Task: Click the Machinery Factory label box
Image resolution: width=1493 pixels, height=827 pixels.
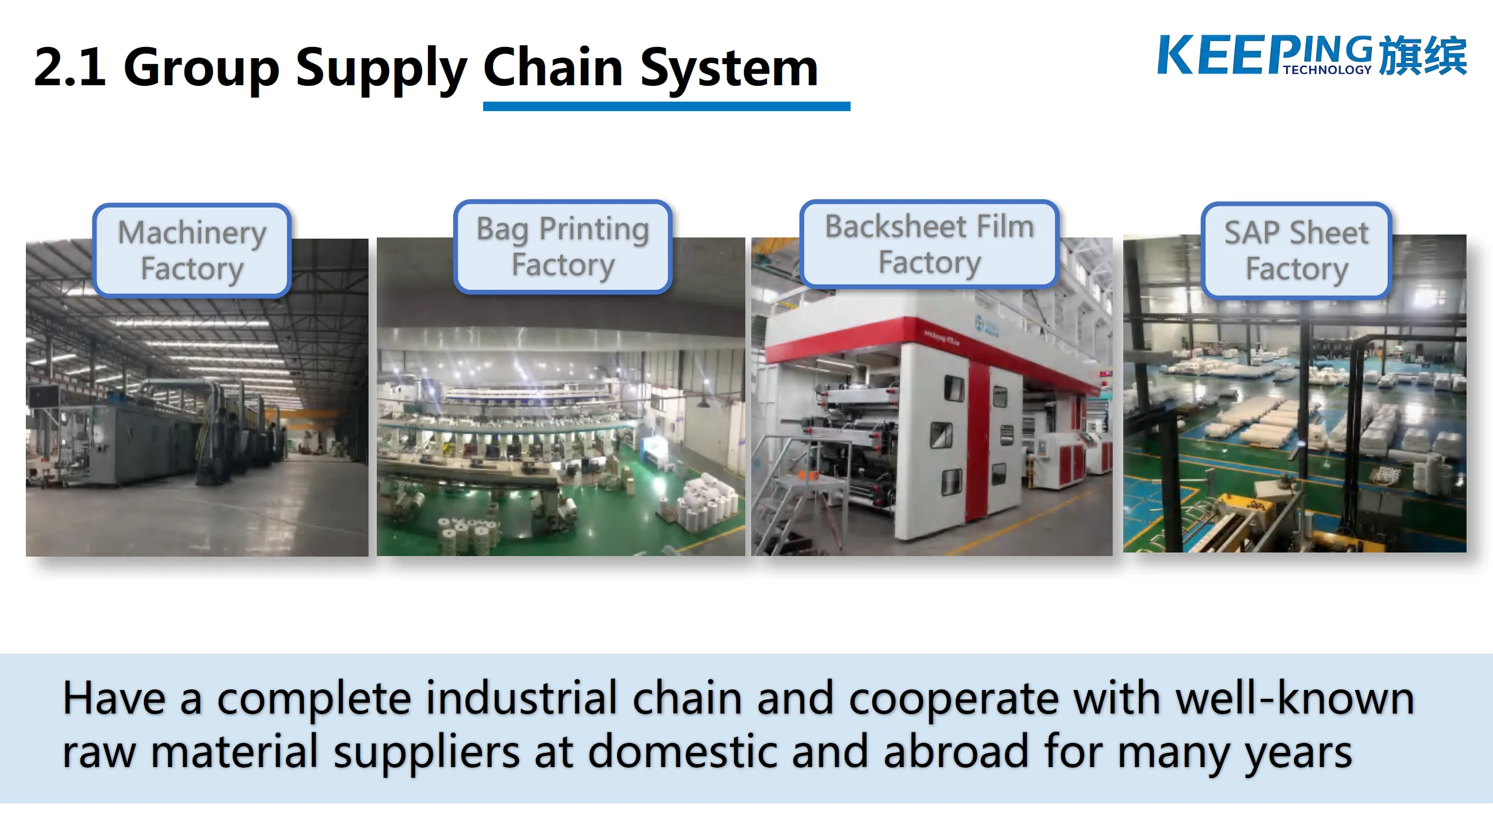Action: pyautogui.click(x=192, y=250)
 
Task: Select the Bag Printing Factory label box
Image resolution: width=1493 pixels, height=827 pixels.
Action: pyautogui.click(x=563, y=247)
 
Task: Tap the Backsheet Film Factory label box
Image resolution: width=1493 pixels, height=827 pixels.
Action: pyautogui.click(x=929, y=245)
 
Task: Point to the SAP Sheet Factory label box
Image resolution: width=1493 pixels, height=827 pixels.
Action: pyautogui.click(x=1296, y=251)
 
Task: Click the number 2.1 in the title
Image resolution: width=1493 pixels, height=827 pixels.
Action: pyautogui.click(x=70, y=68)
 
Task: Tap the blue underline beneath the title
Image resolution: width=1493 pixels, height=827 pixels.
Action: pyautogui.click(x=666, y=106)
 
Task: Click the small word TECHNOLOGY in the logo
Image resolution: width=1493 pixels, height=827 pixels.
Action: pyautogui.click(x=1327, y=70)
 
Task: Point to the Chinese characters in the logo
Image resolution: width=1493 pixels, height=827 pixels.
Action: pyautogui.click(x=1422, y=56)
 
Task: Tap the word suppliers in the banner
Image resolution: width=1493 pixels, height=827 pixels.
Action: pyautogui.click(x=427, y=752)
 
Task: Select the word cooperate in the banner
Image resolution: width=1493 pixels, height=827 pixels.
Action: pyautogui.click(x=953, y=699)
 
